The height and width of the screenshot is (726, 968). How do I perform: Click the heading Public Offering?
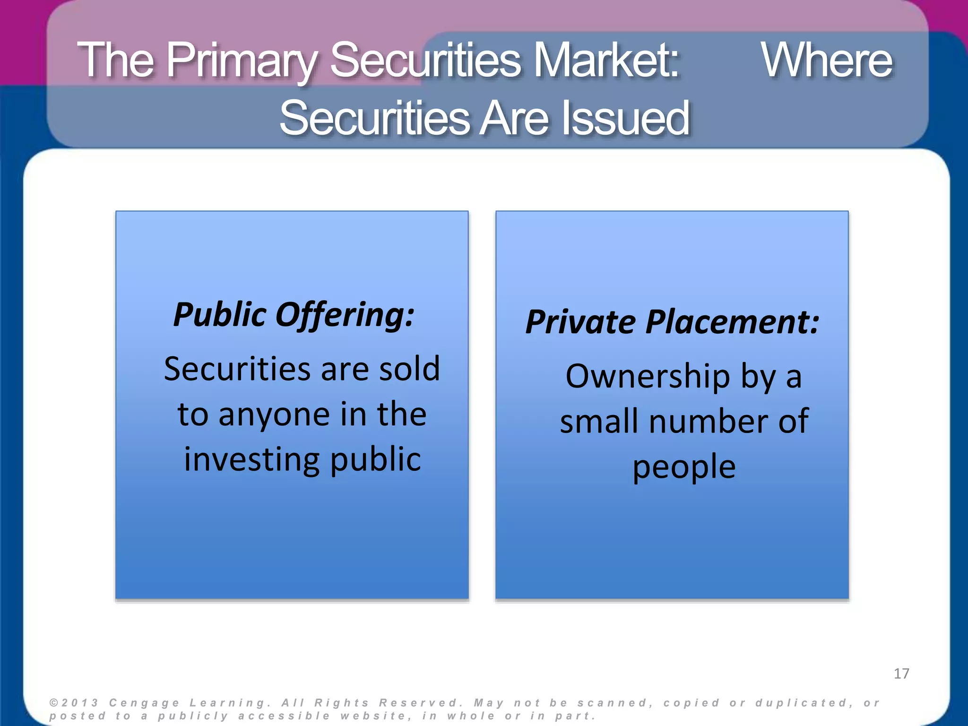[294, 315]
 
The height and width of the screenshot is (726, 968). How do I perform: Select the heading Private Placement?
[672, 322]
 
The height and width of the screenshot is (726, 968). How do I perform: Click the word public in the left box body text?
[375, 459]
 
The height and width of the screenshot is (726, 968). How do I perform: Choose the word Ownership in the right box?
[648, 377]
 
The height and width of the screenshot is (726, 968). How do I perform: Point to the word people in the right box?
[684, 467]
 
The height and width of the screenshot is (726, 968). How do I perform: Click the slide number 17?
[901, 674]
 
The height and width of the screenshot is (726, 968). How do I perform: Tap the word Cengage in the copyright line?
[144, 703]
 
